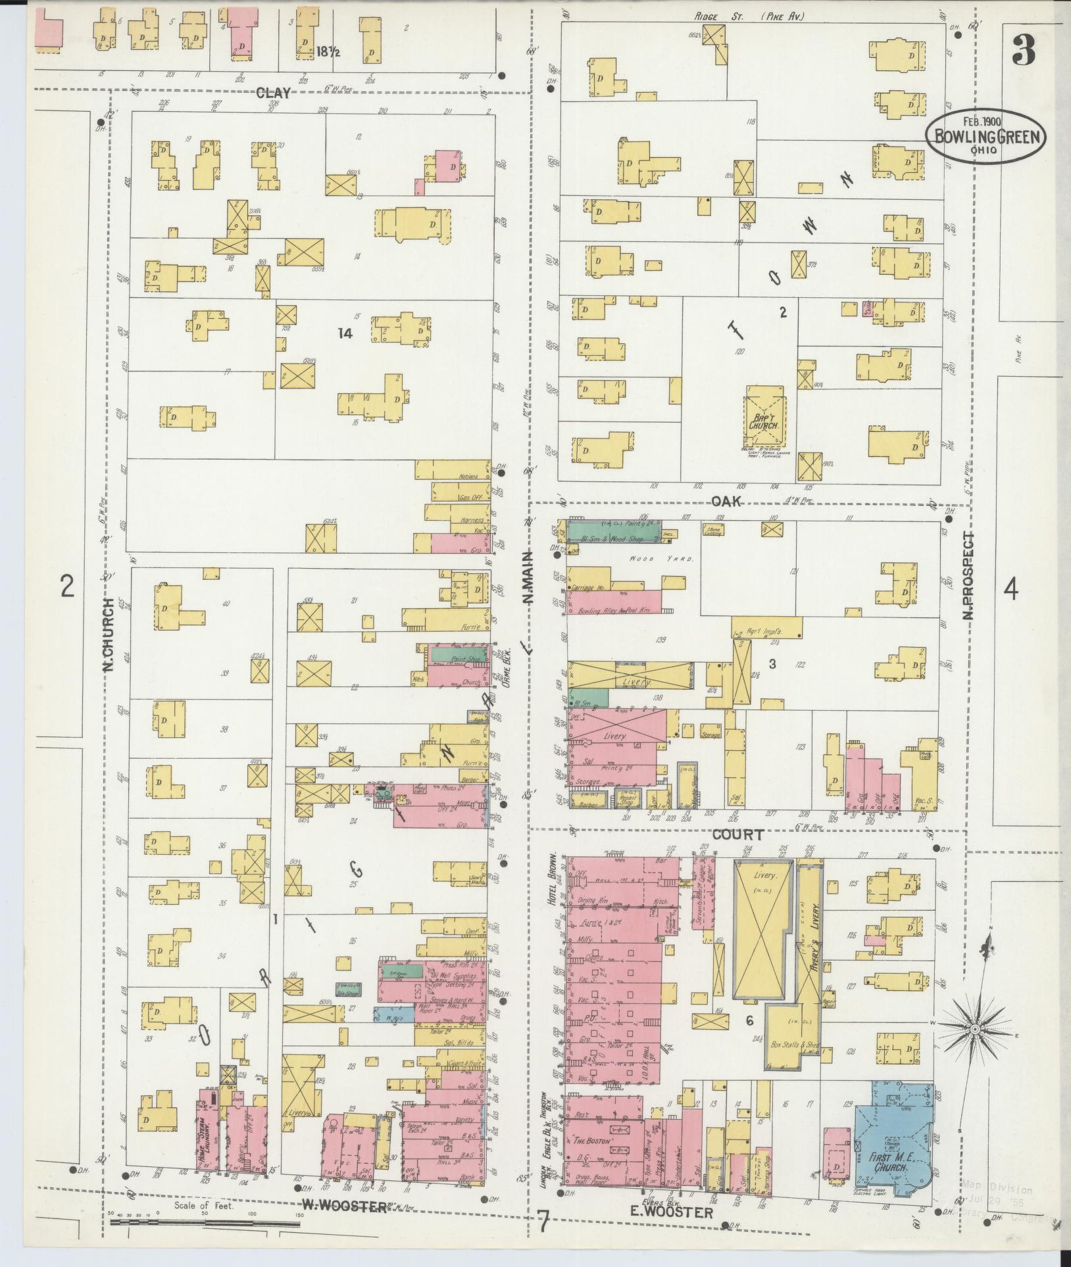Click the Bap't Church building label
[764, 421]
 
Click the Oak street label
[726, 501]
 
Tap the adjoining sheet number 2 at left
[66, 586]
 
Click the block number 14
[345, 333]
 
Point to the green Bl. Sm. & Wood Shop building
[612, 532]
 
